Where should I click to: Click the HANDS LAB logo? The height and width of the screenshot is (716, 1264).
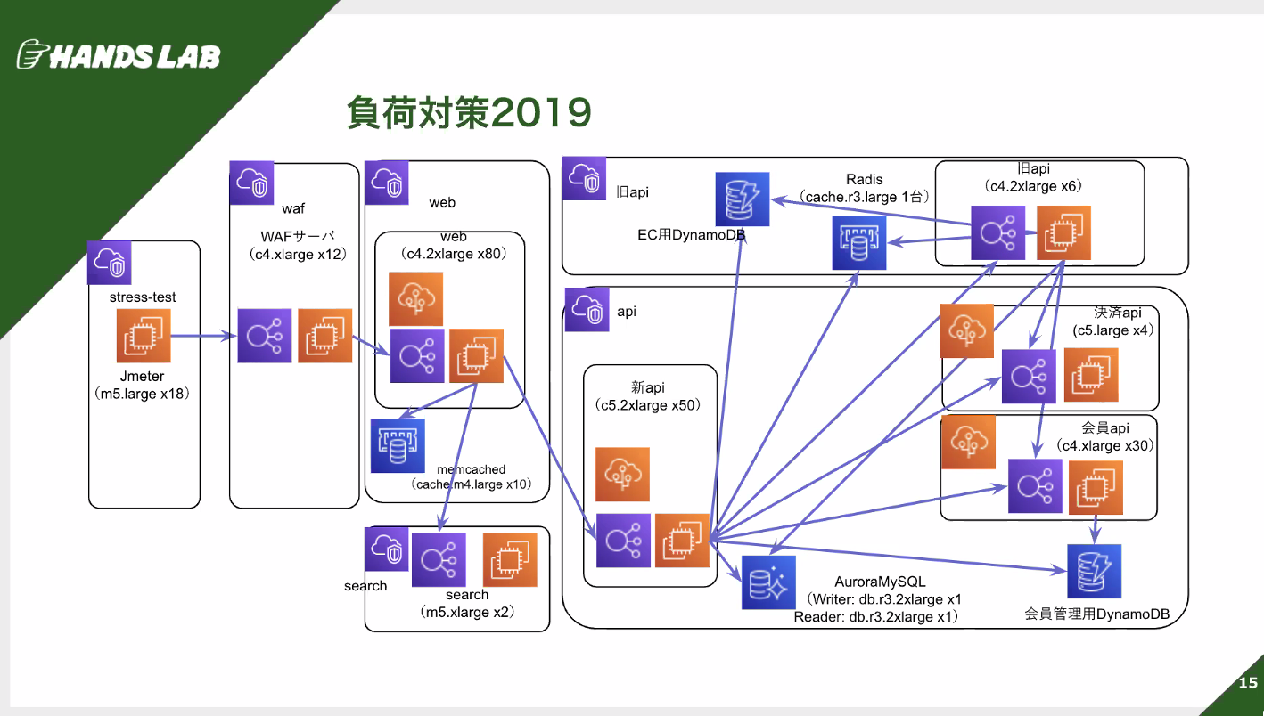coord(119,55)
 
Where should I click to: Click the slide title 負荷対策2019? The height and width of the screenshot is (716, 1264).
coord(469,112)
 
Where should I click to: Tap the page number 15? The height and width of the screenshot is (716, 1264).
coord(1248,683)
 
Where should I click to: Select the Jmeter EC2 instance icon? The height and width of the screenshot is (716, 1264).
coord(144,336)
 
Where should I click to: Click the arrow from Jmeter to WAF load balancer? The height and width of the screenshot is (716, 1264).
coord(204,336)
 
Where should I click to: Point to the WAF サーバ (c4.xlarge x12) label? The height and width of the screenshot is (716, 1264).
coord(298,245)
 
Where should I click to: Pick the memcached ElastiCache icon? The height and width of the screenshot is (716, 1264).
coord(398,445)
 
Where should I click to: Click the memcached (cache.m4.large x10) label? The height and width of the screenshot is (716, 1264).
coord(472,477)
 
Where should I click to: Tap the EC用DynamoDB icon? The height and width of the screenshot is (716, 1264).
coord(742,199)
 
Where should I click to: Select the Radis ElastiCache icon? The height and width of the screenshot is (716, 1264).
coord(858,243)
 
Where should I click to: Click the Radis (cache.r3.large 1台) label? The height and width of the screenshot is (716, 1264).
coord(864,188)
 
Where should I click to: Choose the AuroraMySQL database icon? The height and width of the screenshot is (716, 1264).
coord(768,582)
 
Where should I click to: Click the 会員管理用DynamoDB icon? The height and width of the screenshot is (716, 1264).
coord(1094,571)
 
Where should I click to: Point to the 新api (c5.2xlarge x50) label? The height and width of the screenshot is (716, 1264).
coord(648,396)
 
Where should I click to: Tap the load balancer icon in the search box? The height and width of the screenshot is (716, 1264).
coord(439,560)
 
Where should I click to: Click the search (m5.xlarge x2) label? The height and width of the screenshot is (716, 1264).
coord(467,603)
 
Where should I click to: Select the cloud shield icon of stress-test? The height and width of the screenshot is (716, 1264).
coord(110,263)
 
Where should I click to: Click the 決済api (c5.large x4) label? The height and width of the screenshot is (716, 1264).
coord(1112,321)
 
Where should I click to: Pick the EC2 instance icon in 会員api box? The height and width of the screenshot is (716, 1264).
coord(1096,487)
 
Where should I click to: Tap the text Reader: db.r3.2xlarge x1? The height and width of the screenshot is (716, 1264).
coord(876,617)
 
